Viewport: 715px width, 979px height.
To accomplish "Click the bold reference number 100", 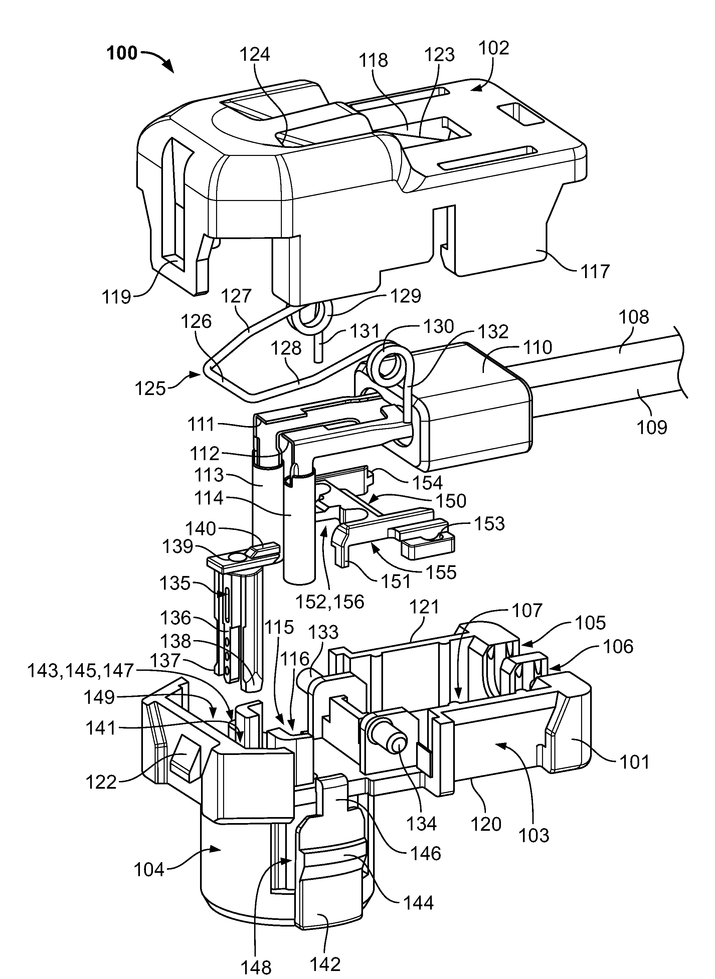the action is (x=122, y=53).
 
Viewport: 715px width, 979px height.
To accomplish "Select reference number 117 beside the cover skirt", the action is (x=595, y=271).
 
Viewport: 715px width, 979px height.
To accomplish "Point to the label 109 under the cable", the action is (x=652, y=428).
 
